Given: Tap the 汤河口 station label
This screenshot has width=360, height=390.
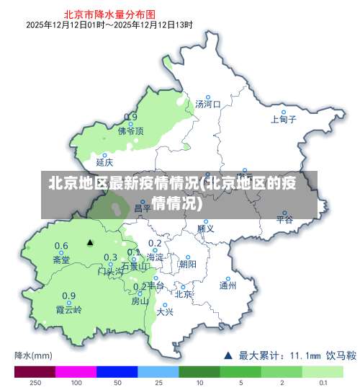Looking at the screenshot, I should tap(207, 105).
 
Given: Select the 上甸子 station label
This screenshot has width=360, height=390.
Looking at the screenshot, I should tap(284, 120).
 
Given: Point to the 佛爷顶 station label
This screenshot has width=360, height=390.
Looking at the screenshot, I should tap(131, 131).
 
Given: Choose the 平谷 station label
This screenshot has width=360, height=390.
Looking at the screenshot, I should tap(285, 218).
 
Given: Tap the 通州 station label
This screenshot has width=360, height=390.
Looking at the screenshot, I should tap(228, 285).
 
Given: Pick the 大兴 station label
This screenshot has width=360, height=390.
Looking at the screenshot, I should tap(165, 311).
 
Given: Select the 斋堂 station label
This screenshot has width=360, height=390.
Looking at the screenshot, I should tap(61, 260).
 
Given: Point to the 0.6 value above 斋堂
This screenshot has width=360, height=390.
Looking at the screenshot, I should tap(62, 246).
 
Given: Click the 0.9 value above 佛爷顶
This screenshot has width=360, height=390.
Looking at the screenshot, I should tap(131, 117).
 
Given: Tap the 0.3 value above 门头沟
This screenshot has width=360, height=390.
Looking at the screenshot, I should tap(111, 257).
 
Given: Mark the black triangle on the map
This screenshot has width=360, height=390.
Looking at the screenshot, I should tap(90, 243).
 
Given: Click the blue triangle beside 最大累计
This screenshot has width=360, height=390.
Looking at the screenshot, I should tap(228, 355).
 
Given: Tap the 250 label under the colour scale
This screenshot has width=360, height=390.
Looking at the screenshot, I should tap(35, 384).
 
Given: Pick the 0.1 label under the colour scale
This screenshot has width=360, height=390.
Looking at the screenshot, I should tap(324, 384).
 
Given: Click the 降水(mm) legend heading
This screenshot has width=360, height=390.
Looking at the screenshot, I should tap(33, 355).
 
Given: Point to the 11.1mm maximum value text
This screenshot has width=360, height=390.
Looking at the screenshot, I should tap(305, 355).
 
